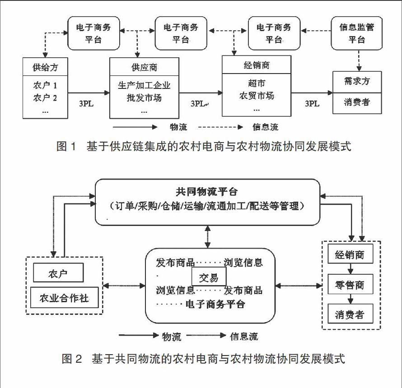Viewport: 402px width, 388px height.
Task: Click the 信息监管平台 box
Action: (356, 33)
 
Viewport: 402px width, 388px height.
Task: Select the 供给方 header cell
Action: (45, 68)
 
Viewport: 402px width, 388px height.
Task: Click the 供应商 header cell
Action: (144, 68)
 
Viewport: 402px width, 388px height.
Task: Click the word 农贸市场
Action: (257, 96)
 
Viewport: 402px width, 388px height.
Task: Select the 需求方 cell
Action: (357, 82)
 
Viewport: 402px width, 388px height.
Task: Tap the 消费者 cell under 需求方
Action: (357, 102)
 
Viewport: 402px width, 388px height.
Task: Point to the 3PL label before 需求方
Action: (312, 103)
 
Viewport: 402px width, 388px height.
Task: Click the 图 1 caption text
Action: (203, 146)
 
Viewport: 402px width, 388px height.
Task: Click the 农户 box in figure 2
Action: (58, 274)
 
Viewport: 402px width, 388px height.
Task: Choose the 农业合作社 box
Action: (65, 298)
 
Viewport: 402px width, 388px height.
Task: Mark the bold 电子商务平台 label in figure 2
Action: (215, 304)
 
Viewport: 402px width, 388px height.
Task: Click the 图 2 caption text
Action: (203, 359)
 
